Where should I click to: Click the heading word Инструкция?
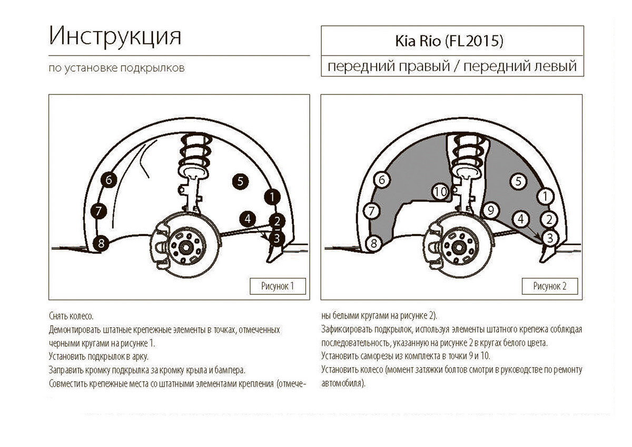[115, 37]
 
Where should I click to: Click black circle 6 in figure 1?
[108, 180]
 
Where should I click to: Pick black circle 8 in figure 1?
[101, 243]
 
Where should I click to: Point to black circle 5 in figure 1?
[240, 182]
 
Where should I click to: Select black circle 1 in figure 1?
[272, 197]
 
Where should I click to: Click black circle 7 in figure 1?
[98, 211]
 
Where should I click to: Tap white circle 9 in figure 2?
[490, 211]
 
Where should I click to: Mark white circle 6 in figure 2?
[382, 180]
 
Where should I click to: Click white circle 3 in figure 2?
[549, 238]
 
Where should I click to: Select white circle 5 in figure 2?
[518, 181]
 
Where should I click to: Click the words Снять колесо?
[71, 316]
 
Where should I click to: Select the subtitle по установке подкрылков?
[116, 69]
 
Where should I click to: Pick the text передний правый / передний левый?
[452, 67]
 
